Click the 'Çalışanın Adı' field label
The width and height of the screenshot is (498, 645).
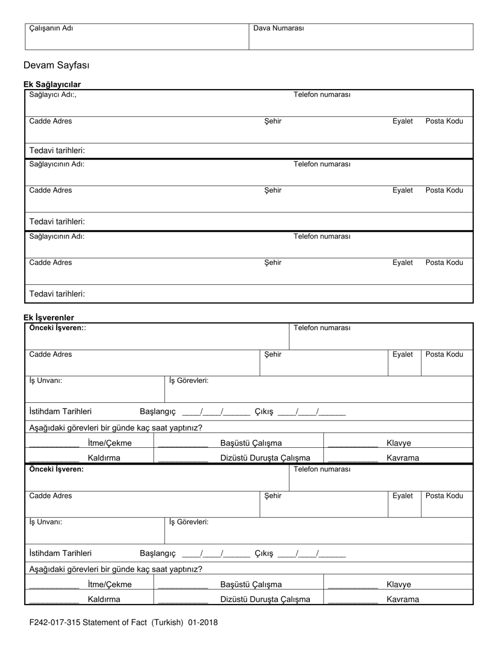coord(51,28)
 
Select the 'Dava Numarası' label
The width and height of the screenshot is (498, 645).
coord(278,28)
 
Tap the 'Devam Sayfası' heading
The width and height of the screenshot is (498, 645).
coord(57,66)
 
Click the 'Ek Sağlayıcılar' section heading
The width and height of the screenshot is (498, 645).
coord(52,84)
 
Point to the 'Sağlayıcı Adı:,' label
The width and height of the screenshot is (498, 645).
coord(53,95)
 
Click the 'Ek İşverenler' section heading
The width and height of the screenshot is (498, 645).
coord(49,318)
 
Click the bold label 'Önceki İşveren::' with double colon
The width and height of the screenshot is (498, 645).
coord(58,328)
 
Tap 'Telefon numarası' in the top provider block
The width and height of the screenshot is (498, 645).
coord(322,95)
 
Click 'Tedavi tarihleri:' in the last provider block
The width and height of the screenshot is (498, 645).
coord(57,294)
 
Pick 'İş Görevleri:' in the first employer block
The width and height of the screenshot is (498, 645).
coord(189,381)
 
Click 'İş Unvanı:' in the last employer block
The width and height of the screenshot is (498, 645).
coord(46,522)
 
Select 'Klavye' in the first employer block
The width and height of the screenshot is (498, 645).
coord(398,443)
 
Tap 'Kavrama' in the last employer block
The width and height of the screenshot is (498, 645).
coord(403,599)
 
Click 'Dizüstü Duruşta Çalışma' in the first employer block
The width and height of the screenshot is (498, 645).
coord(265,458)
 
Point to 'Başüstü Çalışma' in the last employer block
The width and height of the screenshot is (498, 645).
coord(251,585)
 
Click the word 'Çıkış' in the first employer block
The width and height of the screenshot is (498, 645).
coord(264,412)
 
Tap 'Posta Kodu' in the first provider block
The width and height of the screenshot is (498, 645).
coord(444,121)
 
